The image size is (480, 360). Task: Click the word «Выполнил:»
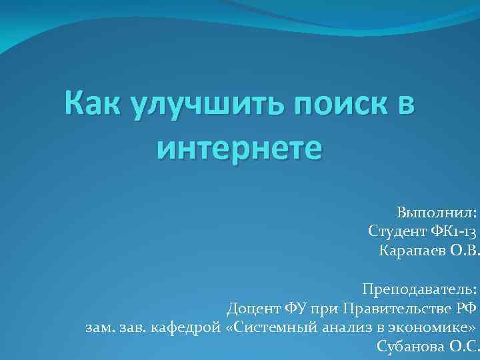pyautogui.click(x=437, y=213)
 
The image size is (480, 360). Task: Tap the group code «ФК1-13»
pyautogui.click(x=453, y=232)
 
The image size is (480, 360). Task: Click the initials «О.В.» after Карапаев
pyautogui.click(x=460, y=251)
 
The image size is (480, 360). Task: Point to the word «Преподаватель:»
pyautogui.click(x=419, y=289)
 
